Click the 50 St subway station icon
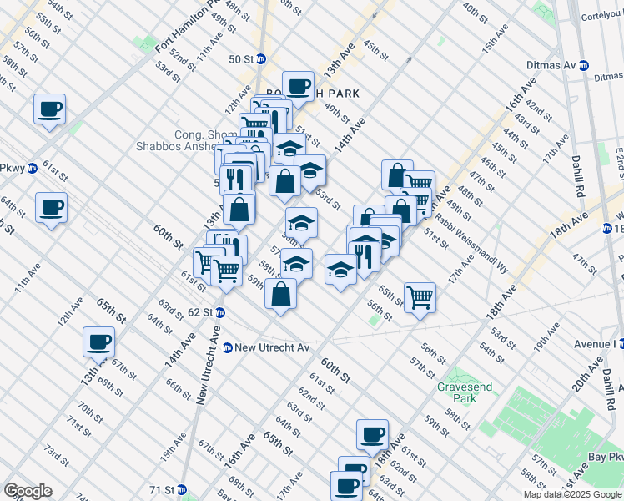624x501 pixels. [261, 59]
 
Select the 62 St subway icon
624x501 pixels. [219, 312]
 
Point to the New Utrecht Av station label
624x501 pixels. [272, 347]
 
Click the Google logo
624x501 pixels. [28, 491]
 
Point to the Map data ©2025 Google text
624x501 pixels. [573, 494]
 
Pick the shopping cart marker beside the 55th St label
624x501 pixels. [420, 296]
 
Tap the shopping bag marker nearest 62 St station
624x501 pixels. [281, 293]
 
